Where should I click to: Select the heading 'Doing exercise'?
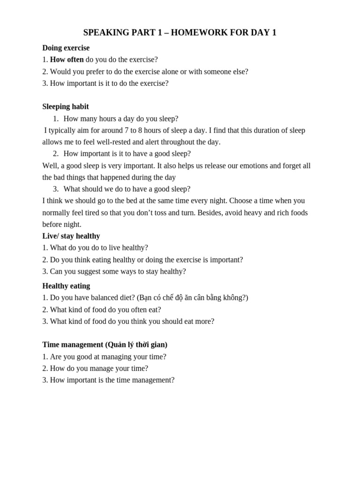click(x=66, y=48)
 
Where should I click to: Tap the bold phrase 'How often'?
click(x=67, y=60)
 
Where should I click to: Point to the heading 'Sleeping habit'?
click(x=65, y=106)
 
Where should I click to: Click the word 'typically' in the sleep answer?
click(x=63, y=130)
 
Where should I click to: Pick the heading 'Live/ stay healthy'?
click(x=71, y=236)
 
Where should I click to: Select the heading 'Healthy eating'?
click(x=66, y=285)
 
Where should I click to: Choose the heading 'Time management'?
click(x=72, y=345)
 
